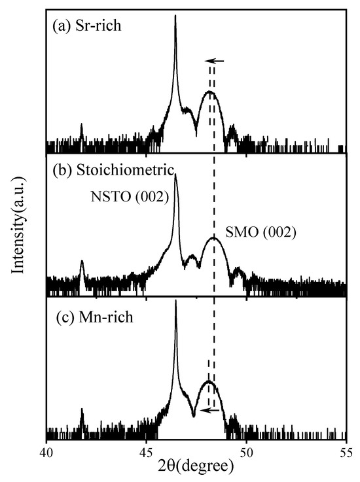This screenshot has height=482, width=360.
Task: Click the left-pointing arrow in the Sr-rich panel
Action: [x=216, y=61]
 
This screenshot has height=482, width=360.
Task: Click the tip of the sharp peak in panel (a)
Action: [x=175, y=16]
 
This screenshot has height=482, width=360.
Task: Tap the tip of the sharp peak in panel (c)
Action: [x=176, y=300]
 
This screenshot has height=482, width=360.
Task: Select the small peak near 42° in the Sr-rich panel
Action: [x=81, y=124]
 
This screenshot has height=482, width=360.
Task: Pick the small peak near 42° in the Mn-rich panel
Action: [x=81, y=410]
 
